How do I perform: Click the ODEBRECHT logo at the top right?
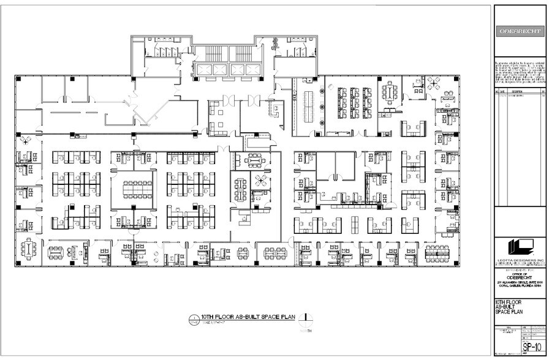(x=519, y=31)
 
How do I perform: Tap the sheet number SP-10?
(x=531, y=347)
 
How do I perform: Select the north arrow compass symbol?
(x=308, y=318)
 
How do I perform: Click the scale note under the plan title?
(x=214, y=323)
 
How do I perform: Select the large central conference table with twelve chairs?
(x=137, y=189)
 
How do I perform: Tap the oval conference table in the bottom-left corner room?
(x=29, y=249)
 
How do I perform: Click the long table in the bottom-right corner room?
(x=437, y=250)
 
